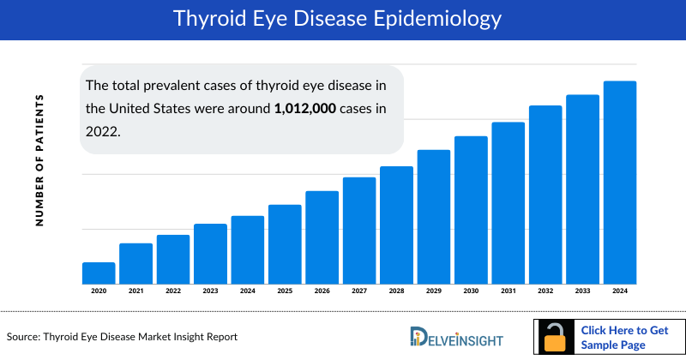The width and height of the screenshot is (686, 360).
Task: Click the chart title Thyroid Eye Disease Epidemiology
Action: (343, 18)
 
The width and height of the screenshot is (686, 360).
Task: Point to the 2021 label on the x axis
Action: (135, 291)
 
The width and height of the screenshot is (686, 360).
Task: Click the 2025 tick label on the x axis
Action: (285, 291)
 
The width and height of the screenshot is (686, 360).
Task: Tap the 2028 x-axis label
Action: (396, 291)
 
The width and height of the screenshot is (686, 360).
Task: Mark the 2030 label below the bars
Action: (471, 291)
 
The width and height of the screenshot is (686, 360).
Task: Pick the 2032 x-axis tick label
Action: (545, 291)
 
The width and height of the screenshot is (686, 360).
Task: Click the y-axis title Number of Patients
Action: (39, 160)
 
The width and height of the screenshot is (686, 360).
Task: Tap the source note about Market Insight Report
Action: (122, 337)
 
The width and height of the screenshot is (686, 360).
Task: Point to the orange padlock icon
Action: (556, 337)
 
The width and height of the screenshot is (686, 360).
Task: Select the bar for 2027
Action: (359, 230)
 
